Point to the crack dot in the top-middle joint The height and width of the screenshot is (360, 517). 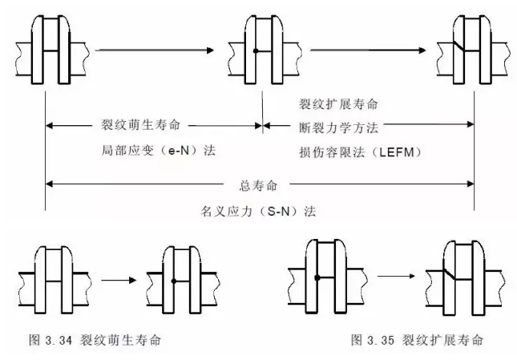coord(254,51)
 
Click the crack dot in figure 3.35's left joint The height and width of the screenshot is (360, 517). coord(318,277)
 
